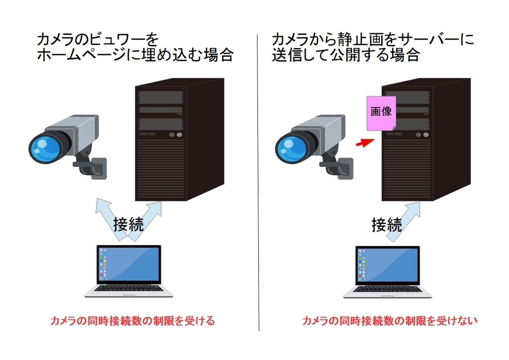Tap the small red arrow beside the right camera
[365, 144]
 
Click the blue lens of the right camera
[290, 148]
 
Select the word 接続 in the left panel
[129, 224]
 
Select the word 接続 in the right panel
[387, 225]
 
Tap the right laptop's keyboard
[383, 289]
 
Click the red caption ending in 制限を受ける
[133, 321]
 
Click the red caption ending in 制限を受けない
[390, 321]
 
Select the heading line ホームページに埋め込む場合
[135, 55]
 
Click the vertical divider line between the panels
[259, 199]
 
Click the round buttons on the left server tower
[175, 135]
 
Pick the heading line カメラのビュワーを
[97, 39]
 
